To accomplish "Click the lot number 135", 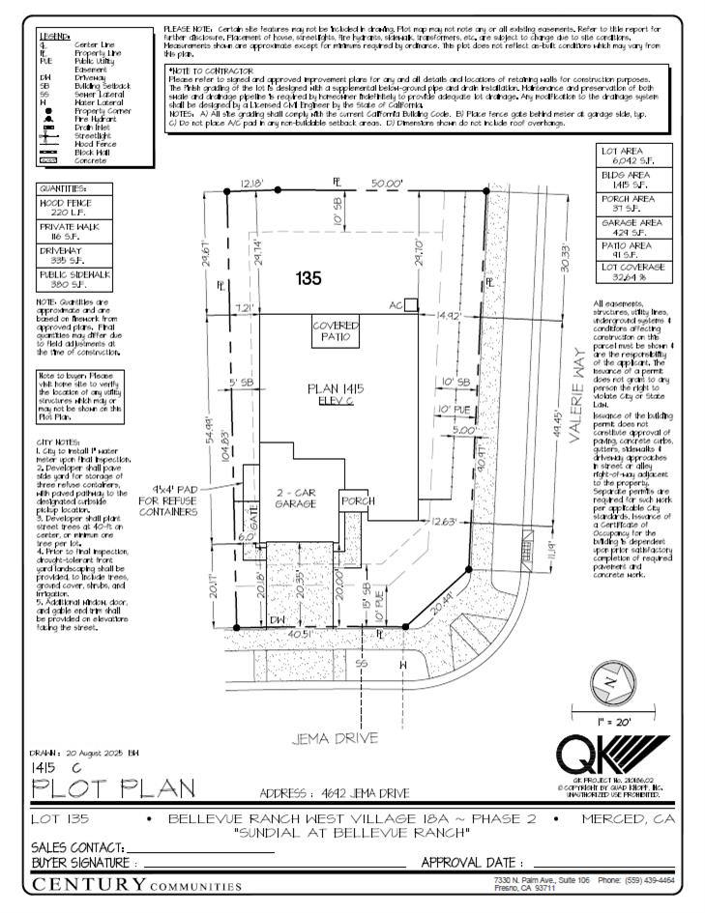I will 308,279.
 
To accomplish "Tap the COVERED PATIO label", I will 336,332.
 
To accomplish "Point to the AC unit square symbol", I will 411,305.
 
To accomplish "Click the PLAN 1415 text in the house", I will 335,388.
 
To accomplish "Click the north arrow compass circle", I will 609,680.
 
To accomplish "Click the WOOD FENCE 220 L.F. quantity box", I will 65,208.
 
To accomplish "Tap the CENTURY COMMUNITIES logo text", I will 136,883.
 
